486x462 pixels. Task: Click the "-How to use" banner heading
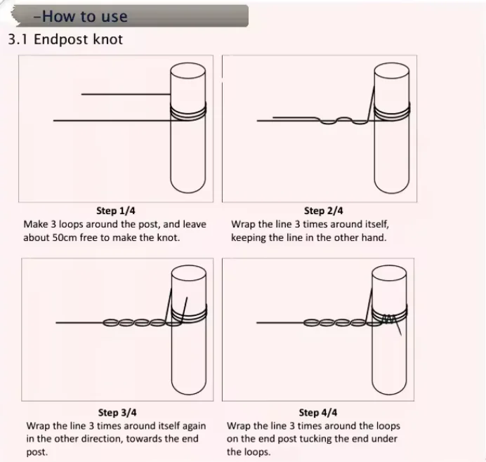pyautogui.click(x=80, y=16)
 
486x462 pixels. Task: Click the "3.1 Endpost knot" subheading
pyautogui.click(x=65, y=39)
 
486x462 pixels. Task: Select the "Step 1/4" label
pyautogui.click(x=116, y=211)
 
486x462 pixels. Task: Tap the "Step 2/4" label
pyautogui.click(x=323, y=211)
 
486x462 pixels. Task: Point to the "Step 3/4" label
pyautogui.click(x=117, y=412)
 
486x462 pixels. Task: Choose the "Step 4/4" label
pyautogui.click(x=318, y=412)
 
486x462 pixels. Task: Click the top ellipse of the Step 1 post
pyautogui.click(x=188, y=71)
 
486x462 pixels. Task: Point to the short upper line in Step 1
pyautogui.click(x=126, y=94)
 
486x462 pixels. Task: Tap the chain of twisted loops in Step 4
pyautogui.click(x=342, y=323)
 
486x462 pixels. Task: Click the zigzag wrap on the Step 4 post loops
pyautogui.click(x=388, y=319)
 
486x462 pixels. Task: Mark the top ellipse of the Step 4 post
pyautogui.click(x=389, y=273)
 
